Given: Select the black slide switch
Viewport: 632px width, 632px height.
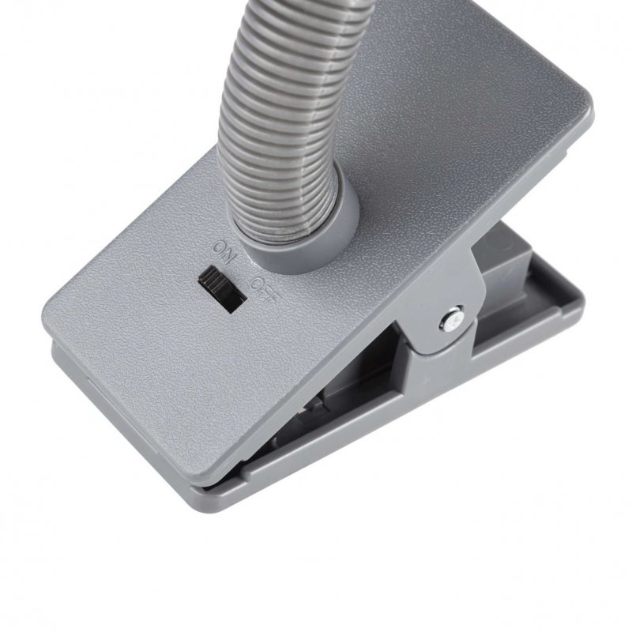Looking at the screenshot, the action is [x=222, y=288].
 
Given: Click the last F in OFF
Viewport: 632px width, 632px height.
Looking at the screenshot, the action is [x=273, y=299].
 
